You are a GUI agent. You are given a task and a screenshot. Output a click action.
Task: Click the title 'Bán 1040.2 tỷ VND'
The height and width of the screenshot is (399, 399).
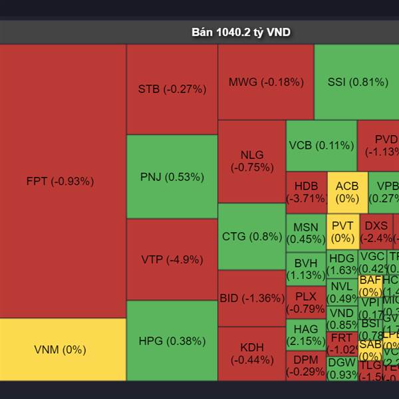click(241, 32)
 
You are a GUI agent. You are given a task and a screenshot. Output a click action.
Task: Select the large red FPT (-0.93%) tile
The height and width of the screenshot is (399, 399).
click(63, 181)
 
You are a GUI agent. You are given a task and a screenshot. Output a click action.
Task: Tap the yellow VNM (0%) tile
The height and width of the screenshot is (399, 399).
click(63, 349)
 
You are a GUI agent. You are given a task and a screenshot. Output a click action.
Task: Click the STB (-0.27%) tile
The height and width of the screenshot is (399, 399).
click(172, 89)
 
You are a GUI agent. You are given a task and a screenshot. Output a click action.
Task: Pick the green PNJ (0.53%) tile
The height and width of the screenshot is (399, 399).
click(172, 177)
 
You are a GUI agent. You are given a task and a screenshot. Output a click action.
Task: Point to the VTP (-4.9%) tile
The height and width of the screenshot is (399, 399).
click(172, 259)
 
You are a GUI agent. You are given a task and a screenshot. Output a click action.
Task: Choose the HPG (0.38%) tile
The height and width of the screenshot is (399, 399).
click(172, 341)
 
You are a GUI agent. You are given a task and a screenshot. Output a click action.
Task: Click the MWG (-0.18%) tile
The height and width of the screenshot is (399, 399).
click(266, 82)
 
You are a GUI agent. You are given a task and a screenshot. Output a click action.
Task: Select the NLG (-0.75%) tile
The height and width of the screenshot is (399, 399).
click(252, 162)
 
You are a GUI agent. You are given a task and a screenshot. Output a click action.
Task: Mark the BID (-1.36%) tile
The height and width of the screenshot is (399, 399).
click(252, 298)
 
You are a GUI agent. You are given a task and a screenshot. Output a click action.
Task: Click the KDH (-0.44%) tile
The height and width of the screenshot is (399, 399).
click(252, 354)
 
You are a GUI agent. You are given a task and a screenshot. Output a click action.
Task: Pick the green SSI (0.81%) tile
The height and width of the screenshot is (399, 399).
click(357, 82)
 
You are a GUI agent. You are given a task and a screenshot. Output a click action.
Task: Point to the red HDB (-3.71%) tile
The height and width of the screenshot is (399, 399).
click(306, 192)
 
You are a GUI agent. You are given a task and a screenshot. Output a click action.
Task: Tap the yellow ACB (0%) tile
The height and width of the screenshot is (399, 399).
click(347, 192)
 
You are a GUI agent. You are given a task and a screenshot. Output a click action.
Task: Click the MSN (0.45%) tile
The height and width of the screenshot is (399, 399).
click(306, 233)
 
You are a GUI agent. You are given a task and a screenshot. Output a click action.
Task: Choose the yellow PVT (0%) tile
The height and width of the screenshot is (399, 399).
click(342, 232)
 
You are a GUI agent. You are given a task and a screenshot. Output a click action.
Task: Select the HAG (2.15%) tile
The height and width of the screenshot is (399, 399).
click(306, 335)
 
